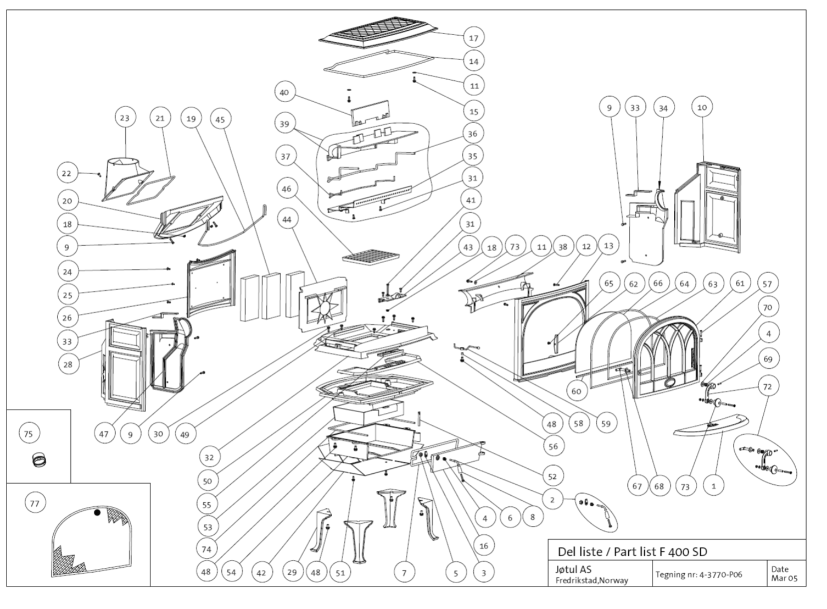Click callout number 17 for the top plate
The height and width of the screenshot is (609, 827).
pos(473,38)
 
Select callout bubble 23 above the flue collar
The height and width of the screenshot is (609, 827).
pos(125,118)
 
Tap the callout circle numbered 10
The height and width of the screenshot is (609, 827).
pos(702,107)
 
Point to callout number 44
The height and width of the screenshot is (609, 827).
pos(287,219)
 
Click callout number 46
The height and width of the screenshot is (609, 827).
pos(286,189)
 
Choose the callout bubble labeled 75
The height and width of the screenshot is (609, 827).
pos(29,434)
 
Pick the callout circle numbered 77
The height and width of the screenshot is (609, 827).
pos(35,503)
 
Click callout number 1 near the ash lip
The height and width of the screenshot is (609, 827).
pos(713,486)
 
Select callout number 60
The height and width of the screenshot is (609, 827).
pos(576,391)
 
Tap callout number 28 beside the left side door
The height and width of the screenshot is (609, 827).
pos(68,364)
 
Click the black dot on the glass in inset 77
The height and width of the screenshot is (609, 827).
pos(97,512)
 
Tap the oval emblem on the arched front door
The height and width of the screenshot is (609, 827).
pos(670,383)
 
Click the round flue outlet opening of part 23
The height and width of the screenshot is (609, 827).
pos(122,162)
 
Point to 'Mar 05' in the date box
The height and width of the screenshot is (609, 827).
pos(784,578)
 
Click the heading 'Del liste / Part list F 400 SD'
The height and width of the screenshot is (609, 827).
pos(632,551)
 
